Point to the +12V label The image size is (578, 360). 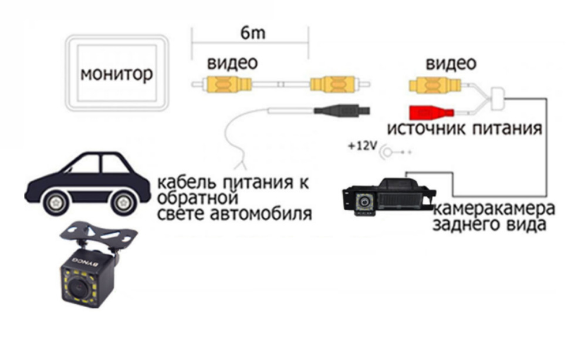click(361, 147)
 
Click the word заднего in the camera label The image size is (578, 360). click(466, 225)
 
